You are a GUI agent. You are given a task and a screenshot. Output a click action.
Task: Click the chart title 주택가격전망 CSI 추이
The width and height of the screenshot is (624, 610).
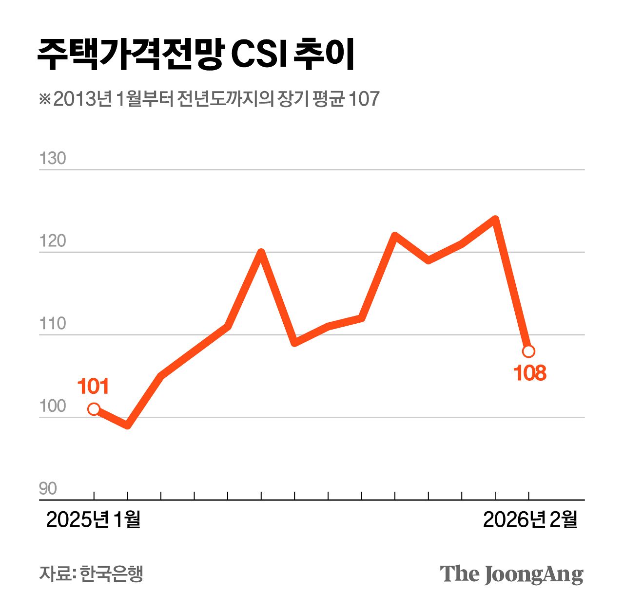click(195, 54)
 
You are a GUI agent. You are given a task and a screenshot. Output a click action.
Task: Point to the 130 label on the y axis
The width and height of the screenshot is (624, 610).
click(52, 158)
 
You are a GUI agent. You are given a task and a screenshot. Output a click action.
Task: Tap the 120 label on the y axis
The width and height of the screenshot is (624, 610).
click(52, 241)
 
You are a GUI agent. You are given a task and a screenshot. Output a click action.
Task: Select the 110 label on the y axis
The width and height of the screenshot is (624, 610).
click(52, 323)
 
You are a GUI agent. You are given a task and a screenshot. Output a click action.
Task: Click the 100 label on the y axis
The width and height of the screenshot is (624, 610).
click(52, 406)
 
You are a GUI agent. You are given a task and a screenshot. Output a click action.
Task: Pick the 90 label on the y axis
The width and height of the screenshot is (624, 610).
click(48, 488)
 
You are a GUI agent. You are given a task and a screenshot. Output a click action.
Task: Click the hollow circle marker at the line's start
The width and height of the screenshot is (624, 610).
click(94, 409)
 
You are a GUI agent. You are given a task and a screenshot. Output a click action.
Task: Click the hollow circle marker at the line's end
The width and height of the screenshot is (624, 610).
click(528, 351)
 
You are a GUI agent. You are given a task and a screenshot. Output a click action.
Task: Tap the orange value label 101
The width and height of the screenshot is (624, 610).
click(93, 387)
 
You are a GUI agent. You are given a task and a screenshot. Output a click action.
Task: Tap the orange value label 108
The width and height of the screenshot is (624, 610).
click(530, 373)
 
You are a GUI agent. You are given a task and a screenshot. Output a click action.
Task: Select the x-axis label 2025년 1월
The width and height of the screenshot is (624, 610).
click(93, 520)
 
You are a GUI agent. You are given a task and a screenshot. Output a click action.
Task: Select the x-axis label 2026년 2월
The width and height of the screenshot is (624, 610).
click(530, 520)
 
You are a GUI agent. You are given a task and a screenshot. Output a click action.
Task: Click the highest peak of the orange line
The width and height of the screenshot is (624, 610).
click(495, 219)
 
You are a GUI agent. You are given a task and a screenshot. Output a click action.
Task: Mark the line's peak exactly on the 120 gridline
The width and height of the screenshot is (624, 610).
click(261, 252)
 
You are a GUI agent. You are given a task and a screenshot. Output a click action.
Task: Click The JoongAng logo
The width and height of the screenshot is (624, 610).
click(511, 574)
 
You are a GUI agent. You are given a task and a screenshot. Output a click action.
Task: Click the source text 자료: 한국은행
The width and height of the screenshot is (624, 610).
click(91, 573)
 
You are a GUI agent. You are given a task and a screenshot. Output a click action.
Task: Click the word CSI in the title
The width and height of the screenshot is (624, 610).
click(259, 55)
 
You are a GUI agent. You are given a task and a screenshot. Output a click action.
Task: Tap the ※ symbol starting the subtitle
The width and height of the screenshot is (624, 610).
click(45, 99)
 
